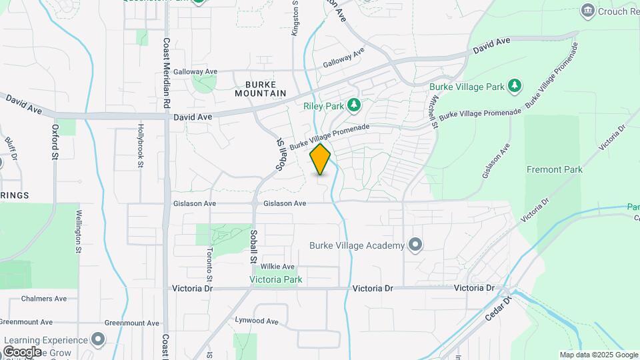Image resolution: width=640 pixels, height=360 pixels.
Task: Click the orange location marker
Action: click(321, 159)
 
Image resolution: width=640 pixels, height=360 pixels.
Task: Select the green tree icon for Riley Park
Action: click(354, 105)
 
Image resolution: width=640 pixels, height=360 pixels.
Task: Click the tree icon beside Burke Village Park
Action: click(514, 86)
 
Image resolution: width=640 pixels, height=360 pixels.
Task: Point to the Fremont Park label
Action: click(554, 169)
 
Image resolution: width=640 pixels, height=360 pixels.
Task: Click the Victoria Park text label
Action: click(276, 279)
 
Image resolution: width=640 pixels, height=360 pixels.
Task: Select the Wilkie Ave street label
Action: click(277, 267)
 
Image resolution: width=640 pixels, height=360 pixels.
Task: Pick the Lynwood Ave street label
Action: click(256, 321)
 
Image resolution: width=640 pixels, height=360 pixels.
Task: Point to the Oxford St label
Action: click(55, 141)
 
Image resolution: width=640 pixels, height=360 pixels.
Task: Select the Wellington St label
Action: click(78, 231)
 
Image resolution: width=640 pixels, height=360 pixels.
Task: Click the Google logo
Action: click(22, 351)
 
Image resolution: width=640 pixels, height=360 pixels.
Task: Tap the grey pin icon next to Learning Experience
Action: click(99, 340)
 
